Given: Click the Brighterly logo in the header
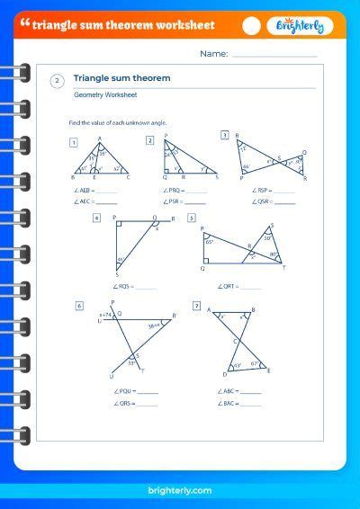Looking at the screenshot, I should coord(300,26).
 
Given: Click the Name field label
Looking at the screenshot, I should coord(213,54).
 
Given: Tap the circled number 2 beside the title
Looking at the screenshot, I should coord(58,81).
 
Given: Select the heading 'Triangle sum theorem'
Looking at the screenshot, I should coord(121,78).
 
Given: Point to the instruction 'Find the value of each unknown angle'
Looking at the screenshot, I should coord(118,121).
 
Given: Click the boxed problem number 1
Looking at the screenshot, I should coord(73,141).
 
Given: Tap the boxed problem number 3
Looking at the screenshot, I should coord(224,135).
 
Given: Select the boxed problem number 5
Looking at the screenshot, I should coord(192,218).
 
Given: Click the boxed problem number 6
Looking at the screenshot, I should coord(80,306).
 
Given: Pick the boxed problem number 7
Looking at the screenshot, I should coord(196,306).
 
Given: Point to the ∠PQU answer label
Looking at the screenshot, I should coord(124,391).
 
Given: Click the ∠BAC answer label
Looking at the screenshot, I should coord(227,403).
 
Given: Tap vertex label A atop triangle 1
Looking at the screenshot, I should coord(99,138).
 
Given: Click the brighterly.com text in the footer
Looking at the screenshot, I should coord(179,490).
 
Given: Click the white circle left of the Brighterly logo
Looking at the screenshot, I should coord(252,26).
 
